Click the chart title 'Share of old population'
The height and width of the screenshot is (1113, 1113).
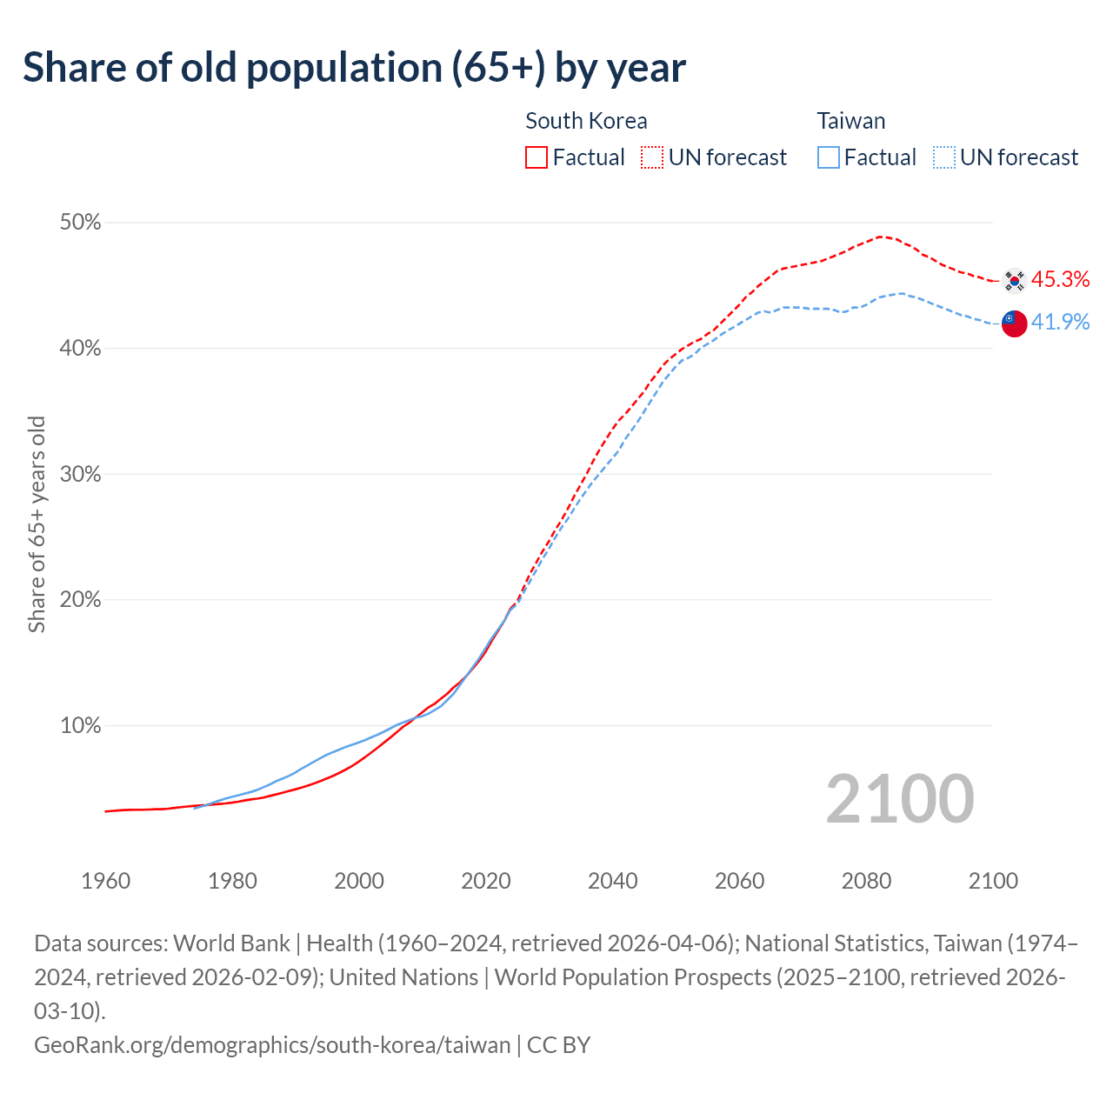tap(354, 68)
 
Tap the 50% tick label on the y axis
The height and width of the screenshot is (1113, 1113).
tap(80, 223)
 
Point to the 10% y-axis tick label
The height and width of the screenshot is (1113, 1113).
tap(80, 726)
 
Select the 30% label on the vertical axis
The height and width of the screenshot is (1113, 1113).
tap(80, 475)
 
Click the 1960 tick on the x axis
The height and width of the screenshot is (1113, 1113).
tap(105, 881)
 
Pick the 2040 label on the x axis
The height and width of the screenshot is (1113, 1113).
tap(613, 881)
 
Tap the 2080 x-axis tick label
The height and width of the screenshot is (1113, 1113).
tap(866, 881)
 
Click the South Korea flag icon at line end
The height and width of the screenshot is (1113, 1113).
tap(1014, 281)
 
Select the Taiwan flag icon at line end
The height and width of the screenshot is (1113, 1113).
tap(1014, 323)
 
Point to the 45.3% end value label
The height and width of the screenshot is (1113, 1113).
tap(1060, 279)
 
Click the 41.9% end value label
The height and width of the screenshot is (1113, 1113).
tap(1060, 322)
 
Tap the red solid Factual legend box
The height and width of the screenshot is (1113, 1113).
tap(537, 157)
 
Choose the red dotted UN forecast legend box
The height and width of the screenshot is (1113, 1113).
tap(652, 157)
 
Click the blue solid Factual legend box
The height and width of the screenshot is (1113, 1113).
tap(829, 157)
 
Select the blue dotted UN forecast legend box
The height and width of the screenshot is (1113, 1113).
tap(943, 157)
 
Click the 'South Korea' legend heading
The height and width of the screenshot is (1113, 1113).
tap(586, 121)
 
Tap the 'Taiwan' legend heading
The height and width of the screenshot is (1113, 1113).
tap(850, 121)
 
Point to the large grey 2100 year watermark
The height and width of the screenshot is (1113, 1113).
tap(899, 798)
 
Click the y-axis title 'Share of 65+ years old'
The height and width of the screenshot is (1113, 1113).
tap(37, 524)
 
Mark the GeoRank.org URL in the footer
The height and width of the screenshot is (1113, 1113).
tap(272, 1044)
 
